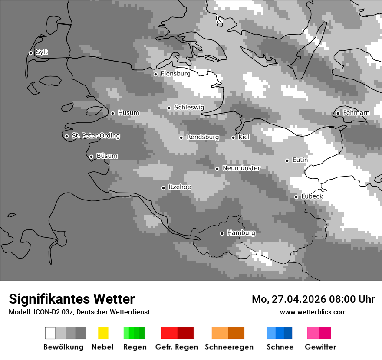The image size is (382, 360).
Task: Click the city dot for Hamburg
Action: [x=222, y=233]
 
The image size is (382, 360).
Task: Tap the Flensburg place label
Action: [x=175, y=74]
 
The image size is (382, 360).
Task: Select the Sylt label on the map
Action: [x=42, y=52]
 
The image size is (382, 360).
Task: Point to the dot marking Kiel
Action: [x=233, y=137]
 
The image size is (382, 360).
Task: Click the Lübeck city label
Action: [x=312, y=196]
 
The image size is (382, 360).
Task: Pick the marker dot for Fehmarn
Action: [x=338, y=114]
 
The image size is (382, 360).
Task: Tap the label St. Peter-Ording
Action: [x=95, y=136]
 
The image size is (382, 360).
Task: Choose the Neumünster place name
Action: [x=241, y=168]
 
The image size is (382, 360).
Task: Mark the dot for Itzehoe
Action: [x=163, y=188]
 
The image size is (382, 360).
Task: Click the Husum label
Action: [x=128, y=113]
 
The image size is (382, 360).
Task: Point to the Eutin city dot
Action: [x=287, y=160]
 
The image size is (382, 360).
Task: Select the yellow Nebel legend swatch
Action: [x=103, y=333]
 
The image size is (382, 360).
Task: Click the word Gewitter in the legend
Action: [x=320, y=347]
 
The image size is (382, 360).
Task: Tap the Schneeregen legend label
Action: [x=229, y=347]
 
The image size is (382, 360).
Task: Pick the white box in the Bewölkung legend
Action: [x=50, y=333]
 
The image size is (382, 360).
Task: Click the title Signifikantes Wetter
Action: [x=72, y=299]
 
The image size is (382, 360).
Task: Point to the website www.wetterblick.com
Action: [x=313, y=312]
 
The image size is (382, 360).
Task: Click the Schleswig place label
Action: [x=189, y=108]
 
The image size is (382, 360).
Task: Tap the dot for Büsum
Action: [x=91, y=157]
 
